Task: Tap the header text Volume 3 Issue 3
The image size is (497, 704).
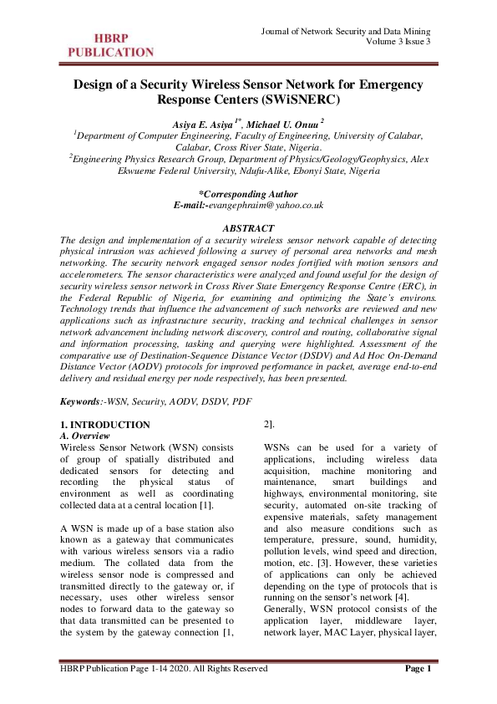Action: click(398, 41)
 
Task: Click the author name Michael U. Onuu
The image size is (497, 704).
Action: click(284, 124)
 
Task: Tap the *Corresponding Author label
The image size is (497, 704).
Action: click(248, 194)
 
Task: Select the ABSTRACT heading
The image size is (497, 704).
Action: click(248, 228)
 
